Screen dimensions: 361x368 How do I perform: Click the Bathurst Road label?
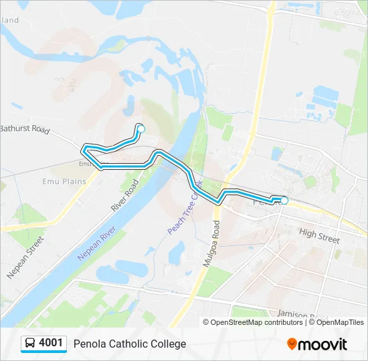pos(25,129)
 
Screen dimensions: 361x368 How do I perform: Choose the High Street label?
pos(319,235)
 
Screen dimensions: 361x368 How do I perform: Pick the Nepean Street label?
pos(25,257)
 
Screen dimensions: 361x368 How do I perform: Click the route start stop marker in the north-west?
pos(141,128)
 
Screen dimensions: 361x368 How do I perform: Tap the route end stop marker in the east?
pos(284,201)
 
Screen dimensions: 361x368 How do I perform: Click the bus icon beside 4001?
pos(30,344)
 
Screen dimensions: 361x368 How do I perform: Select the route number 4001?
pos(51,344)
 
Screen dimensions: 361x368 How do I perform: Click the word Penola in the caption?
pos(90,344)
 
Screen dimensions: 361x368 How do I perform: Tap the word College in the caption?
pos(167,344)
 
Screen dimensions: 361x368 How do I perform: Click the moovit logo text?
pos(323,344)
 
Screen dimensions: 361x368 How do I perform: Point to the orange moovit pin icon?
pos(292,344)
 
